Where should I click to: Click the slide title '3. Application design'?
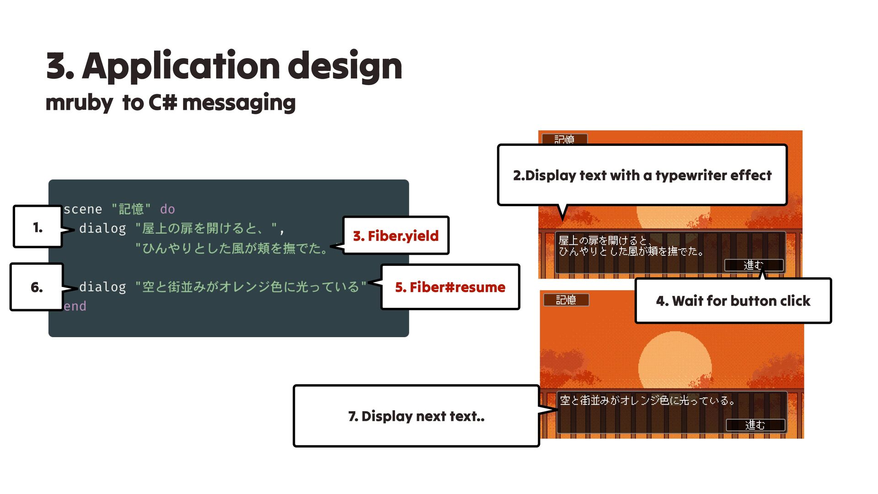point(224,66)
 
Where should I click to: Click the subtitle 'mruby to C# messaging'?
point(171,102)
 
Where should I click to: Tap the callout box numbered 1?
point(38,227)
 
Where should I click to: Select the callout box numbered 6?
point(37,287)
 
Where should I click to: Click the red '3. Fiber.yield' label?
point(396,236)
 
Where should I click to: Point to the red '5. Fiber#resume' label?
point(450,287)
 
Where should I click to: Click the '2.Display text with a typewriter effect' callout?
point(642,175)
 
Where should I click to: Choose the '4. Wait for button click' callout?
point(733,301)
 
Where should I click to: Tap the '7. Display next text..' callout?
point(416,416)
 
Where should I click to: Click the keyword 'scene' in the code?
point(83,209)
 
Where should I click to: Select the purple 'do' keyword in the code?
point(167,209)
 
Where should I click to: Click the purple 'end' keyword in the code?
point(75,306)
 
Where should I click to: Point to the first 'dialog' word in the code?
point(102,228)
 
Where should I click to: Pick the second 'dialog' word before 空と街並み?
point(102,287)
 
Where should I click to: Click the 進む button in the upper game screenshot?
point(754,265)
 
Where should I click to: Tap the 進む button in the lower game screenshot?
point(755,425)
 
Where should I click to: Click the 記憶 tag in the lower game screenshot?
point(566,300)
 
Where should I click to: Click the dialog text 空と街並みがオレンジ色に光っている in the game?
point(647,401)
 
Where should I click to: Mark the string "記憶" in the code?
point(131,209)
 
